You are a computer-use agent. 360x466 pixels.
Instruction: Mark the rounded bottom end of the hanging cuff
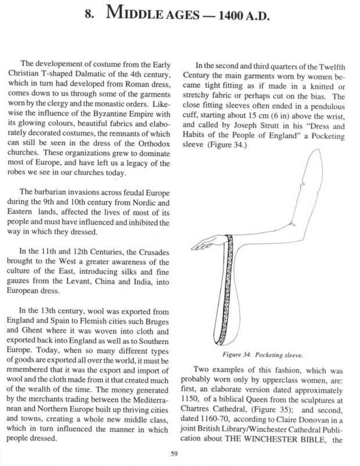tap(231, 338)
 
